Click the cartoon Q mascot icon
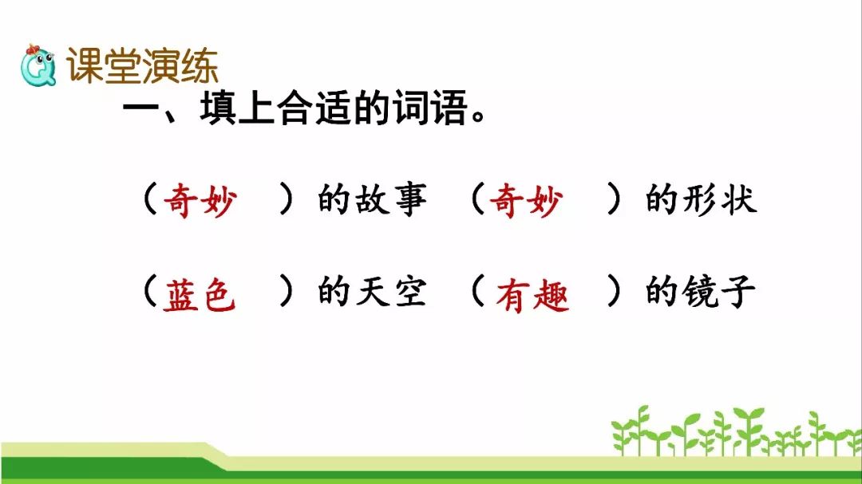tap(38, 65)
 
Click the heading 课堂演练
tap(142, 65)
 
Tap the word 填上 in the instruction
tap(238, 108)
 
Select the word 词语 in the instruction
tap(429, 108)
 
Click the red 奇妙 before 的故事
tap(200, 200)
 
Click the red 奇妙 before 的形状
tap(526, 200)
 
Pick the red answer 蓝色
tap(200, 294)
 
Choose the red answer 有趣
tap(532, 296)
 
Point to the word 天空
tap(391, 291)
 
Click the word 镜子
tap(718, 291)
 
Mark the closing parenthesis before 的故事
tap(286, 199)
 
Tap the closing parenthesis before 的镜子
tap(614, 291)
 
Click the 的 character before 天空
tap(334, 291)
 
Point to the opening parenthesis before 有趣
tap(478, 291)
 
